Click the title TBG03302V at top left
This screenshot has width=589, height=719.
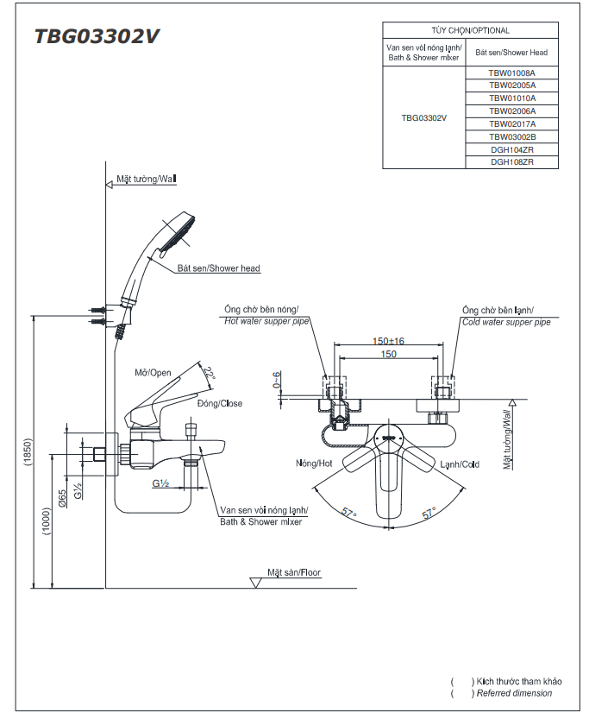click(x=97, y=36)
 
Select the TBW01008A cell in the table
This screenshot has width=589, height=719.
click(x=511, y=73)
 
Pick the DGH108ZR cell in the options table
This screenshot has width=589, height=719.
click(x=511, y=162)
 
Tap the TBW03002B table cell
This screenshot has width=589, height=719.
click(x=511, y=136)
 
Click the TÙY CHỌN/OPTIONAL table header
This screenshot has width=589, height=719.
click(x=470, y=31)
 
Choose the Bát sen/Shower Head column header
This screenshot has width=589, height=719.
click(x=511, y=53)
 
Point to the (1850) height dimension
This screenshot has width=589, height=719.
click(x=28, y=452)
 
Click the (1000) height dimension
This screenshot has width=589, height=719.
click(x=47, y=521)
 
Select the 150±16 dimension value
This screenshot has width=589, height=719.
click(x=388, y=341)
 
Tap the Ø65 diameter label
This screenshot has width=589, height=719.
click(x=63, y=498)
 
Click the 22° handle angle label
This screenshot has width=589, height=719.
click(x=210, y=372)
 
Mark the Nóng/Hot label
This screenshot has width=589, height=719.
click(x=314, y=464)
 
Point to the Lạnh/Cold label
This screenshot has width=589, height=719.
click(x=460, y=464)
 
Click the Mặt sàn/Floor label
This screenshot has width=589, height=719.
click(x=294, y=572)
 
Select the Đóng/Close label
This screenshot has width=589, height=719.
click(x=220, y=404)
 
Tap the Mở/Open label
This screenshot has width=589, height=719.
click(x=153, y=373)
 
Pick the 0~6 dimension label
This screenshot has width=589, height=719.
click(x=277, y=380)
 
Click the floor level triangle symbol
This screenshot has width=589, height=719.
click(x=256, y=583)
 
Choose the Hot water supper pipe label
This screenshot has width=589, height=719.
click(x=266, y=321)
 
